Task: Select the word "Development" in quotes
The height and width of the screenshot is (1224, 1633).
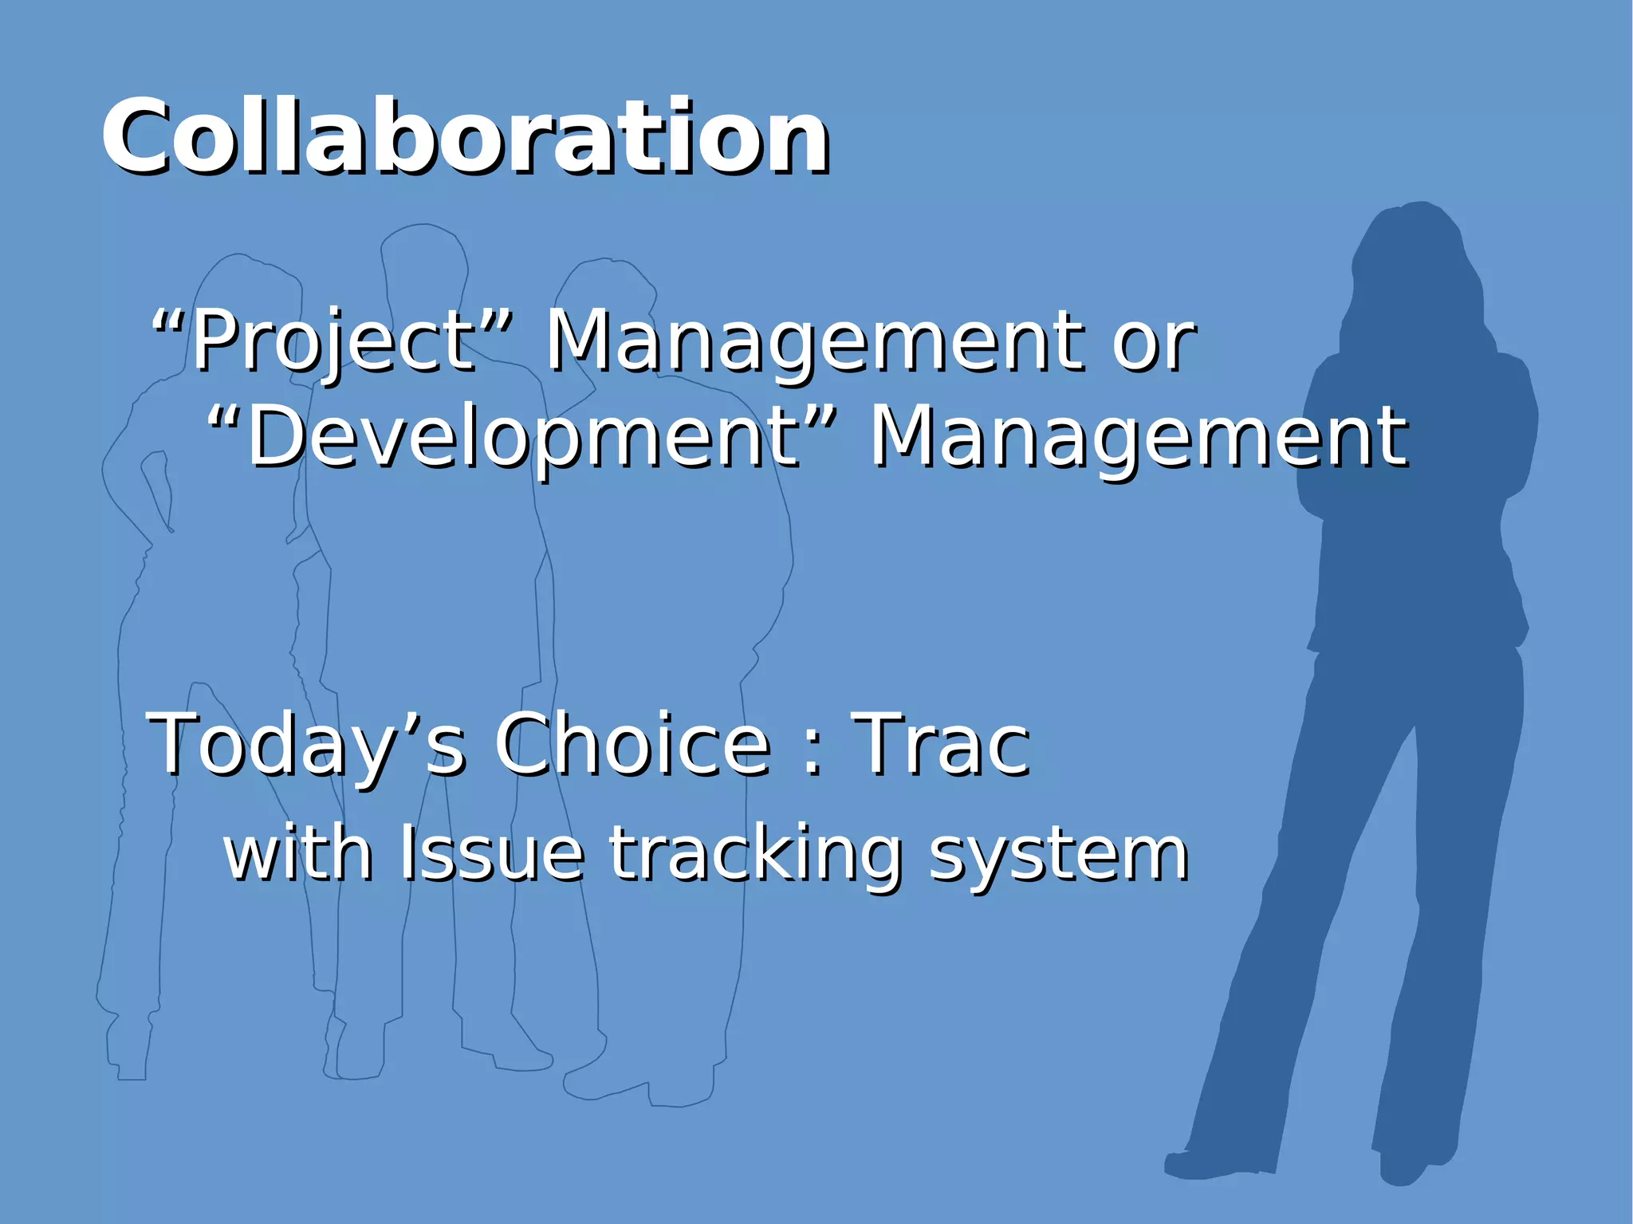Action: [522, 437]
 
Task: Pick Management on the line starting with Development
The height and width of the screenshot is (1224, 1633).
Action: [1139, 437]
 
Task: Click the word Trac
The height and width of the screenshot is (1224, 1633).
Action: [941, 744]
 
